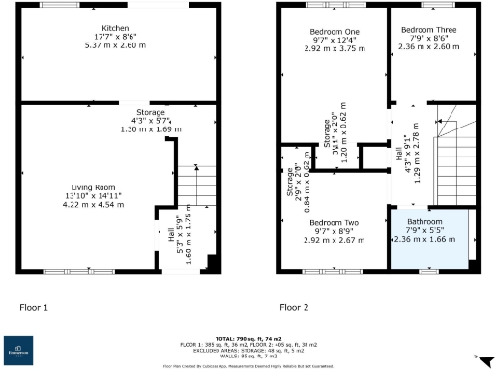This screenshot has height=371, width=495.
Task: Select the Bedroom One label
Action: [x=326, y=29]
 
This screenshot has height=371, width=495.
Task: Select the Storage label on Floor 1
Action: [x=150, y=112]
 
